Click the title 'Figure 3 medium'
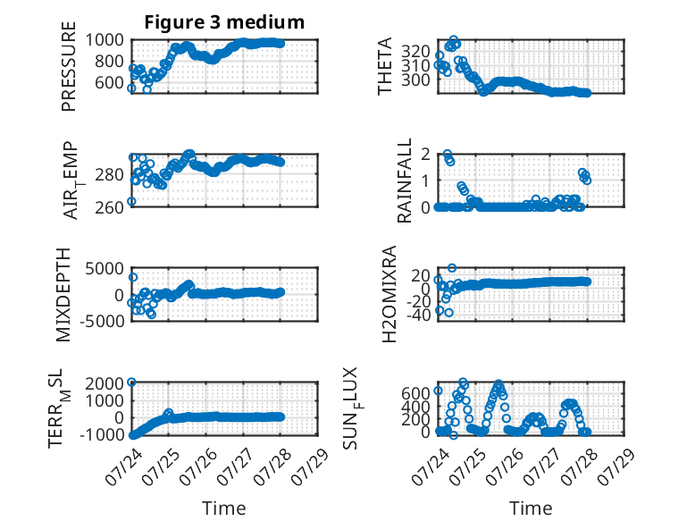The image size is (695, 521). [224, 22]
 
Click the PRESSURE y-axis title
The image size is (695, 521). [69, 66]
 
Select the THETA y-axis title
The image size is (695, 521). [385, 66]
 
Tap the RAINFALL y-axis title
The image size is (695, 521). [405, 181]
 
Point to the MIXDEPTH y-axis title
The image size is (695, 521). [63, 295]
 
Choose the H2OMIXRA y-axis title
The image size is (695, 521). [389, 294]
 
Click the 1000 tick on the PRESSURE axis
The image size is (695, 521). [105, 40]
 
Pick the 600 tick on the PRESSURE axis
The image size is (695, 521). [110, 82]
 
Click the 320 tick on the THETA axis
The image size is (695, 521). [415, 52]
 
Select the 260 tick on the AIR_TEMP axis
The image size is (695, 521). [110, 207]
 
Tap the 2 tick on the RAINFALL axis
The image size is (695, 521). [426, 155]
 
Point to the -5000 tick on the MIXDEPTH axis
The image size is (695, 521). [103, 320]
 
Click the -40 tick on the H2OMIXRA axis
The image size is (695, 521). [419, 315]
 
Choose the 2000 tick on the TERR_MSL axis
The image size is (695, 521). [105, 383]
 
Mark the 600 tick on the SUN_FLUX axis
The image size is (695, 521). [415, 393]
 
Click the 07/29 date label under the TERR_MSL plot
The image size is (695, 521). [309, 466]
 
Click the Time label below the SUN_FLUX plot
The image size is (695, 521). [531, 508]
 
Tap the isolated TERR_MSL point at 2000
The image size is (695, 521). [131, 382]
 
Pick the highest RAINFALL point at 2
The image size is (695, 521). [448, 154]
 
